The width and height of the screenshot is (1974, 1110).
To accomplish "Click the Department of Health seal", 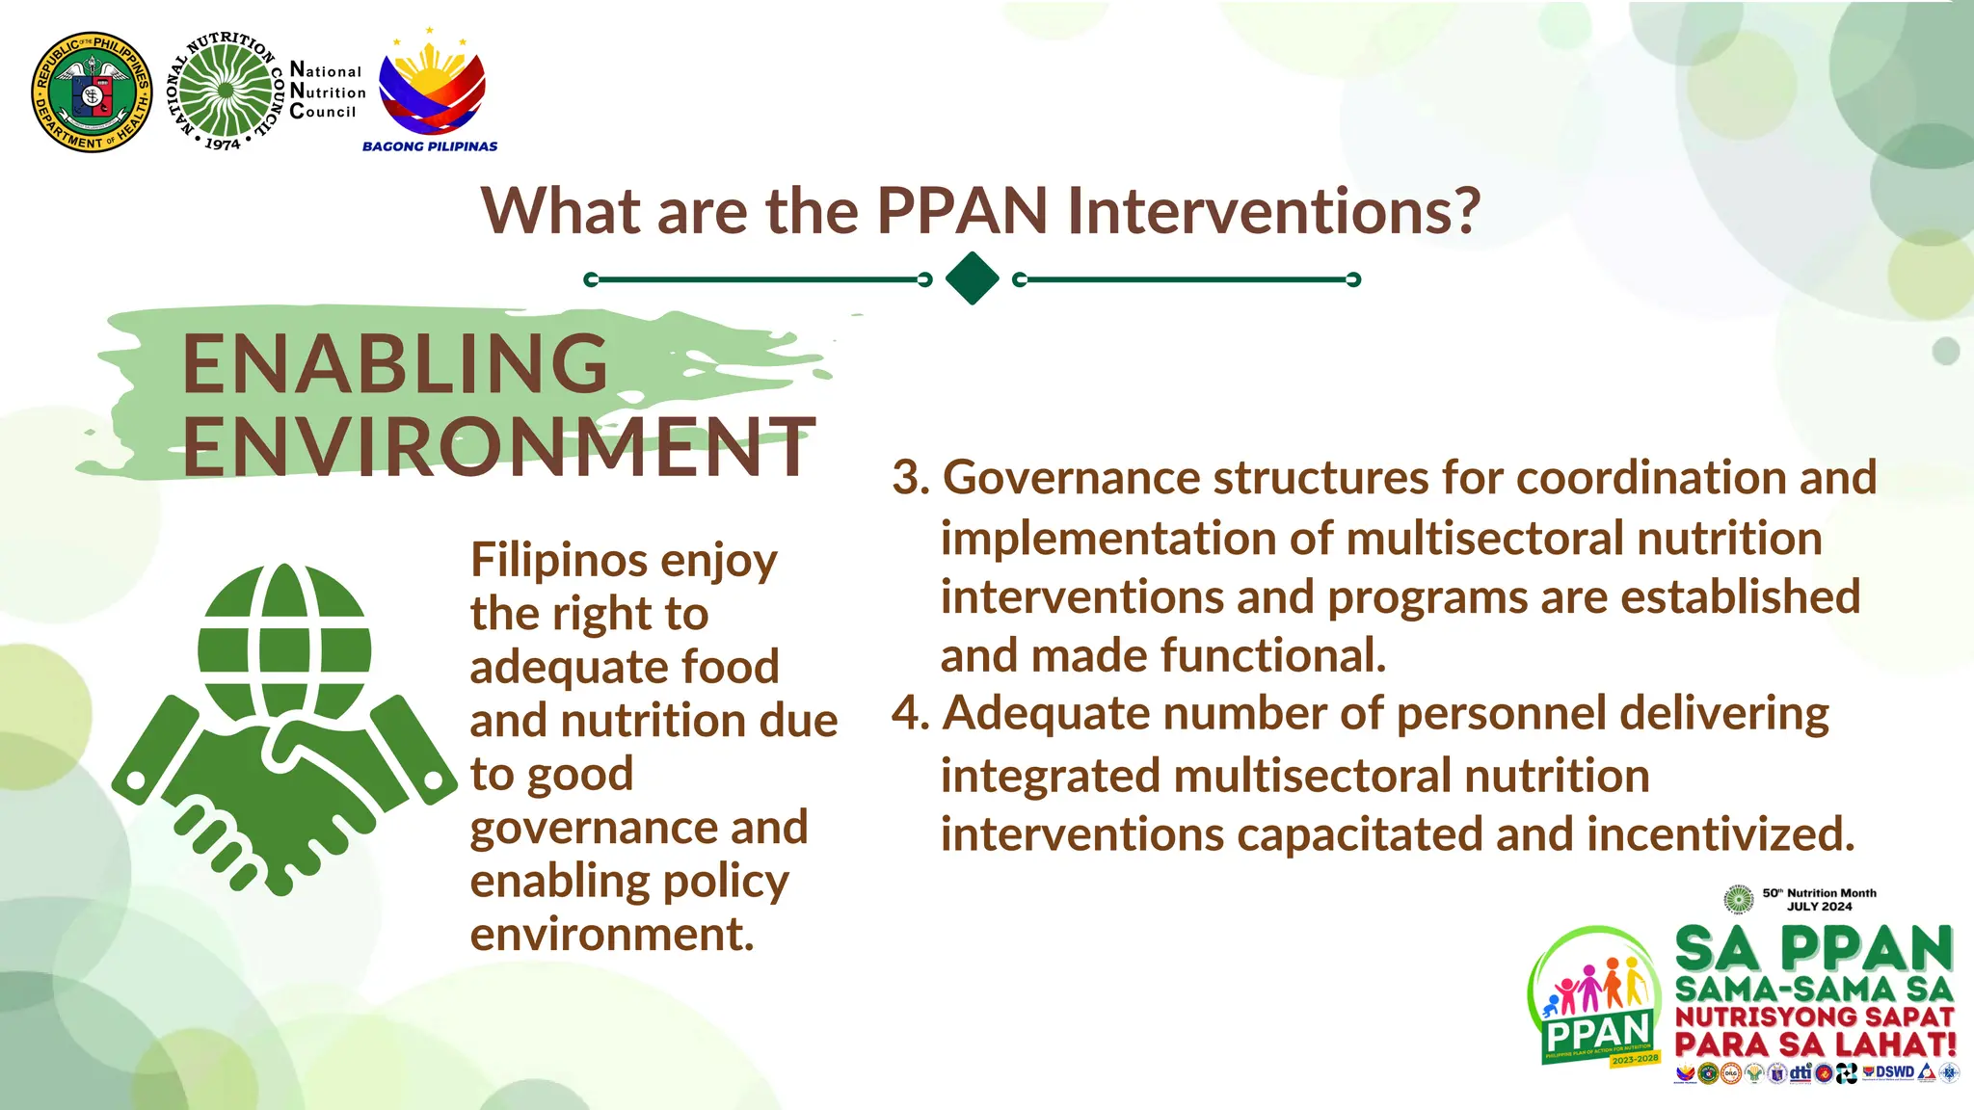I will [x=92, y=92].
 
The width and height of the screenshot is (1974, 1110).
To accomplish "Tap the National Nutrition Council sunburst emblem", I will [x=226, y=92].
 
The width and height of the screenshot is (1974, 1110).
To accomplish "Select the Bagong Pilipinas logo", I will [x=431, y=92].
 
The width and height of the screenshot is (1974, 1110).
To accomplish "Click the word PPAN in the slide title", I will [x=961, y=211].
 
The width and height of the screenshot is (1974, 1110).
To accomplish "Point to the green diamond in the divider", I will [x=972, y=278].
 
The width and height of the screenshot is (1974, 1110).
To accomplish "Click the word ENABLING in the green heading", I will [x=394, y=364].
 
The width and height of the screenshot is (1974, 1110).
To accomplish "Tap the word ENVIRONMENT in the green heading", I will [x=498, y=447].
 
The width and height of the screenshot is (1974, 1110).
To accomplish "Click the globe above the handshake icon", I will [x=284, y=641].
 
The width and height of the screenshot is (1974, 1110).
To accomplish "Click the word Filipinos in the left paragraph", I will [x=557, y=561].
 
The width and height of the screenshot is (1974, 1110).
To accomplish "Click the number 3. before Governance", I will [x=910, y=479].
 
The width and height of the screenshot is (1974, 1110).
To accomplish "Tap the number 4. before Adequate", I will [x=910, y=714].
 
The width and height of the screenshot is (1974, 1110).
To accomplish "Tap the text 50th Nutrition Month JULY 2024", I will [x=1818, y=899].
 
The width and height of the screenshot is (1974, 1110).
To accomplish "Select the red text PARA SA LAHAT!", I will [x=1815, y=1044].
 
